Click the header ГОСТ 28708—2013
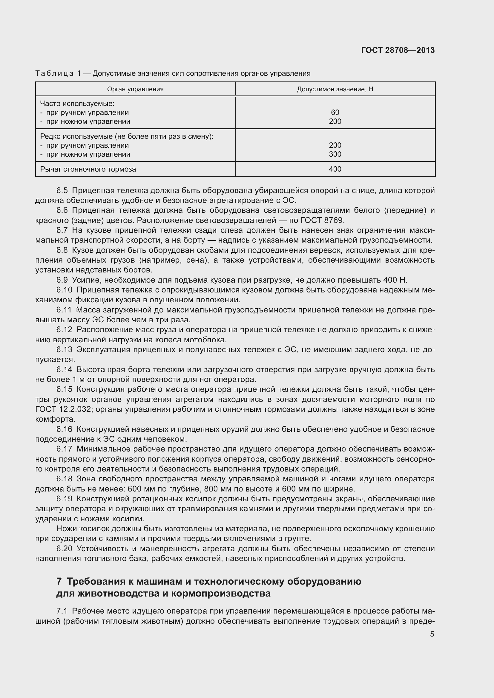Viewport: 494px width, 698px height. pos(398,50)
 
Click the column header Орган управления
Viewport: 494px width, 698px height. pos(135,89)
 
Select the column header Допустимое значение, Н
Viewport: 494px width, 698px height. pos(335,89)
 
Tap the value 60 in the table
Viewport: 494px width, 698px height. pos(335,113)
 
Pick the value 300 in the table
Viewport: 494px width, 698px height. pos(335,154)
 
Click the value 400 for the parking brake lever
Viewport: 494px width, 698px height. pos(335,169)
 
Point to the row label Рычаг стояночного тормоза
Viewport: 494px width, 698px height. pos(88,169)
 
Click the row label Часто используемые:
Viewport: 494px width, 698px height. pos(77,104)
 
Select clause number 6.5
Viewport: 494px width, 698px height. pos(62,191)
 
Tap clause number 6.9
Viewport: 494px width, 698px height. pos(62,280)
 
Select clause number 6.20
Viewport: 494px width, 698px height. pos(64,549)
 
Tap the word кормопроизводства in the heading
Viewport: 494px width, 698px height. pos(221,594)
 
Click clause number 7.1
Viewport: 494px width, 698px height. pos(62,611)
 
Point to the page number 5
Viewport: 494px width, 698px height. pos(432,634)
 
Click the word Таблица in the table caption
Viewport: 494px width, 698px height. pos(54,73)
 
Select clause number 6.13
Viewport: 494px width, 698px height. pos(64,350)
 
